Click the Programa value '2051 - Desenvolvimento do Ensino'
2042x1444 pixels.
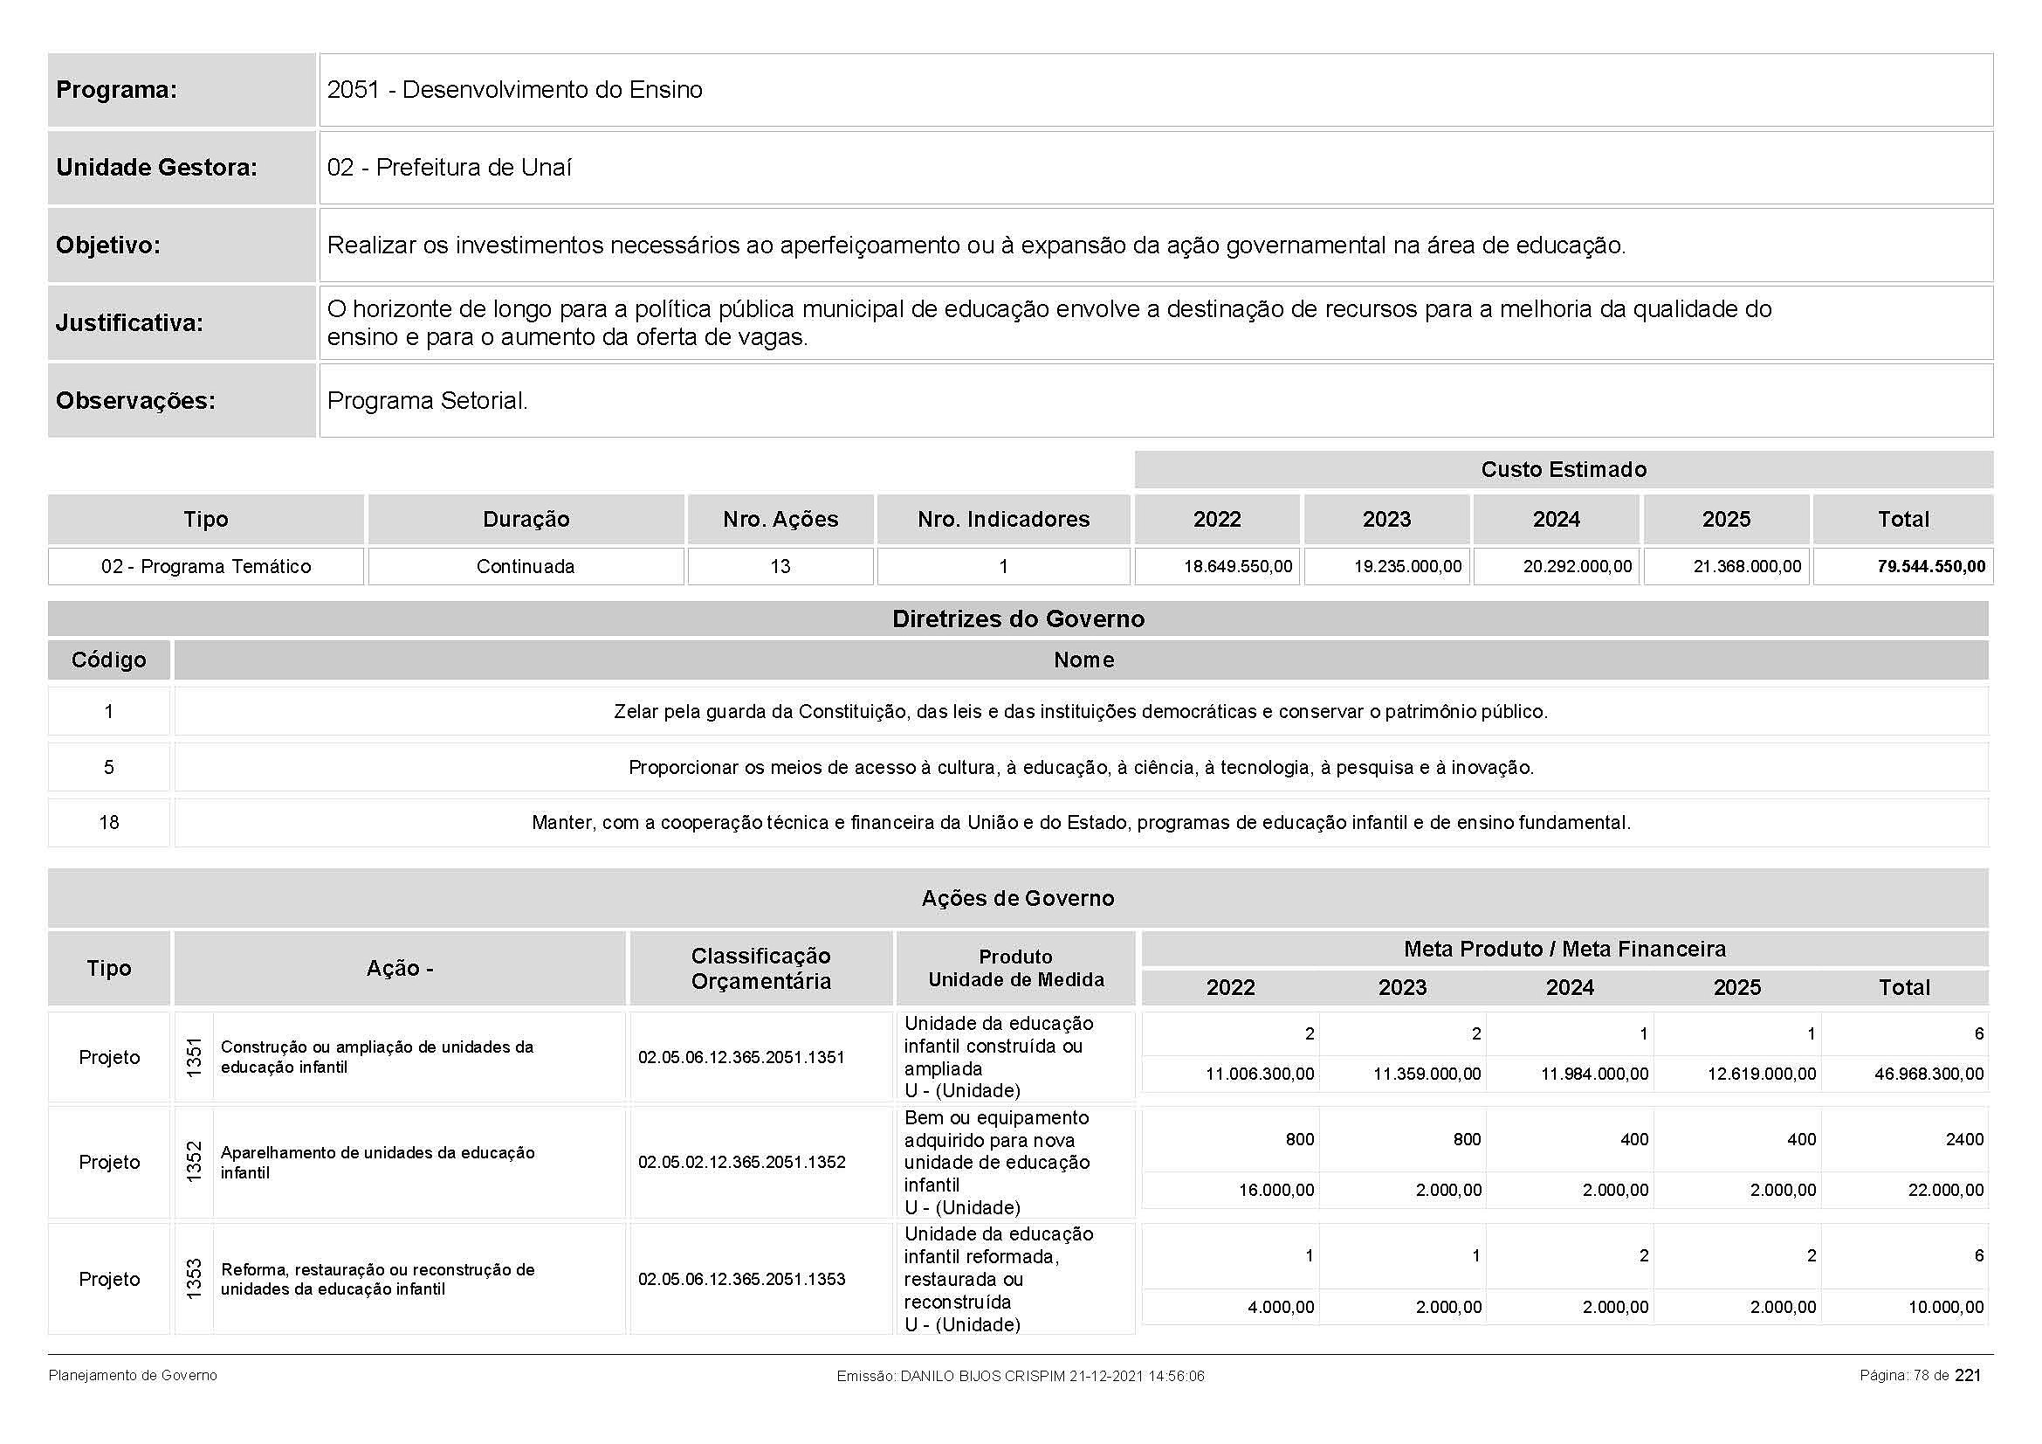[x=514, y=90]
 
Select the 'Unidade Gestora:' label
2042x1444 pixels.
[x=156, y=167]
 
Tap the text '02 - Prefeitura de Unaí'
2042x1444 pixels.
[x=449, y=167]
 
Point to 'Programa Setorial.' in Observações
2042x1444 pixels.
[x=427, y=400]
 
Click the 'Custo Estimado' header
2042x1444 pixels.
[x=1563, y=470]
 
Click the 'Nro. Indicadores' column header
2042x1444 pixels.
[x=1003, y=520]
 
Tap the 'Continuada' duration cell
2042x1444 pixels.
[x=526, y=567]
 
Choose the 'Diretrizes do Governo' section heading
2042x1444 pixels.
[x=1017, y=619]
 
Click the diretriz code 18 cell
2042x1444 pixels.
[x=108, y=822]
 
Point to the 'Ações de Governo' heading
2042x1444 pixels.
[x=1017, y=899]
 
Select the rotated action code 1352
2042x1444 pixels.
[x=194, y=1162]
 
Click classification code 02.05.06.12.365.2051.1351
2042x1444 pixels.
[x=741, y=1057]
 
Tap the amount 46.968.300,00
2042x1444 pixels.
[x=1929, y=1074]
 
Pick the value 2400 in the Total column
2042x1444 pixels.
[x=1963, y=1139]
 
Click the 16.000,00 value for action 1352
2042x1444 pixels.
[x=1276, y=1191]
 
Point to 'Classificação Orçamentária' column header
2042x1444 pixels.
[x=760, y=968]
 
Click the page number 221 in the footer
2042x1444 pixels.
[x=1968, y=1376]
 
